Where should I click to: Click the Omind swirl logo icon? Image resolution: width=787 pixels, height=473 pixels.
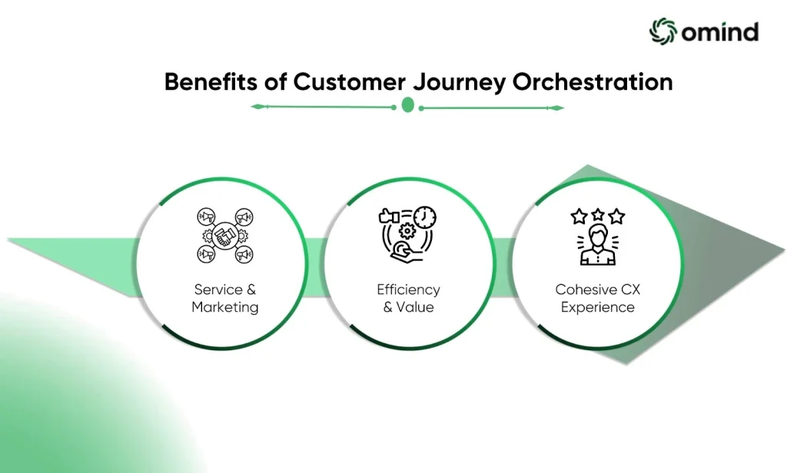(663, 31)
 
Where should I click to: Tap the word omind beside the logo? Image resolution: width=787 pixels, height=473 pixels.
(719, 32)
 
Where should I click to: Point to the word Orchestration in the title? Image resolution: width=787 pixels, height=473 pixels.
(593, 81)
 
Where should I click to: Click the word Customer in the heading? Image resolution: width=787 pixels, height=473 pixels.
(349, 82)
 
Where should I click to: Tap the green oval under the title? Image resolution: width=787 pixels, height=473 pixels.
(408, 105)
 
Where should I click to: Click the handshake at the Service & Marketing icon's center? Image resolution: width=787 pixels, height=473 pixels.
(225, 235)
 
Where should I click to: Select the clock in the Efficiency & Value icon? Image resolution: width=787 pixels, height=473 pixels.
(425, 218)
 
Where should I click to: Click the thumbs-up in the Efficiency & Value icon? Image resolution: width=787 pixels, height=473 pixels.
(388, 217)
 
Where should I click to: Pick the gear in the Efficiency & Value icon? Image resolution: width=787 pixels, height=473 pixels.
(407, 231)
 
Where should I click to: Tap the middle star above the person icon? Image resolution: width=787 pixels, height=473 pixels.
(598, 215)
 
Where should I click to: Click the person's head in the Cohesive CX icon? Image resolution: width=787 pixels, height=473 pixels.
(597, 236)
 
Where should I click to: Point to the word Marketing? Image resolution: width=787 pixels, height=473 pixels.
(225, 307)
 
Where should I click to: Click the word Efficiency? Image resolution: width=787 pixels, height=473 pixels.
(409, 290)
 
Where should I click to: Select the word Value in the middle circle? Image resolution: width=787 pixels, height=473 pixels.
(415, 307)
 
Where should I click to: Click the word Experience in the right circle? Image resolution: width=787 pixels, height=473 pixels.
(598, 307)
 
